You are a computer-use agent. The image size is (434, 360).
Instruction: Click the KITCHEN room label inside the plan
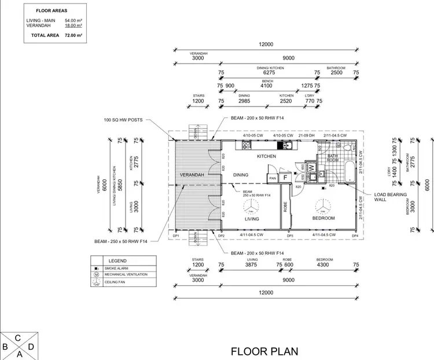tap(266, 156)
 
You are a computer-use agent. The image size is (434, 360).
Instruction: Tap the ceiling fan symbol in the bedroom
tap(323, 207)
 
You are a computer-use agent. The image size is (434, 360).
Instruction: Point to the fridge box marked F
tap(285, 177)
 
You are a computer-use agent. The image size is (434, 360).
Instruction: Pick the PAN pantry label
tap(271, 178)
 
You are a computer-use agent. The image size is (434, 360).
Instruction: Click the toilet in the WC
tap(347, 148)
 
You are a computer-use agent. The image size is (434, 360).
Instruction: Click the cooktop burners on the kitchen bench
tap(246, 145)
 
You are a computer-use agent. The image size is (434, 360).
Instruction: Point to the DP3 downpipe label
tap(291, 236)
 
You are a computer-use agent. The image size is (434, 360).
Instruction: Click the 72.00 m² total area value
tap(73, 35)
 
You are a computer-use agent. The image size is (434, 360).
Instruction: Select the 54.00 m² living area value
tap(73, 20)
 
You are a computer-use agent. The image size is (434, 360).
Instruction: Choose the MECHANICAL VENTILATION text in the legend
tap(126, 275)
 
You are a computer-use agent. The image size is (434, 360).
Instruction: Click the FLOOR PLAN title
tap(265, 351)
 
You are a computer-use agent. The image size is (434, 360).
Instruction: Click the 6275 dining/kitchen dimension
tap(270, 73)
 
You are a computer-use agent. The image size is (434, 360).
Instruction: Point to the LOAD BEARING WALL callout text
tap(391, 197)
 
